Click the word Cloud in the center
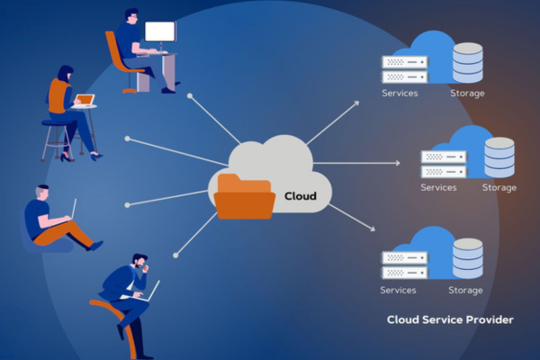click(x=301, y=195)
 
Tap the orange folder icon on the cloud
click(x=245, y=196)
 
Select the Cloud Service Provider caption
click(x=450, y=319)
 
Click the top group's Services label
click(x=400, y=94)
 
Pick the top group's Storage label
click(x=467, y=94)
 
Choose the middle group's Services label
click(x=439, y=188)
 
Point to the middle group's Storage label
click(x=499, y=188)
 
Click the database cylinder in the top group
click(x=467, y=61)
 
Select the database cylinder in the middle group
click(x=499, y=157)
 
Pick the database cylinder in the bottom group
click(x=467, y=258)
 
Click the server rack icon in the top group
click(x=402, y=68)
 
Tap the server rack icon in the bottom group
click(x=402, y=265)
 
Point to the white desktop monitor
click(x=160, y=34)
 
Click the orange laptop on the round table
click(x=84, y=100)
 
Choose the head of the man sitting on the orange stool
click(x=139, y=262)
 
